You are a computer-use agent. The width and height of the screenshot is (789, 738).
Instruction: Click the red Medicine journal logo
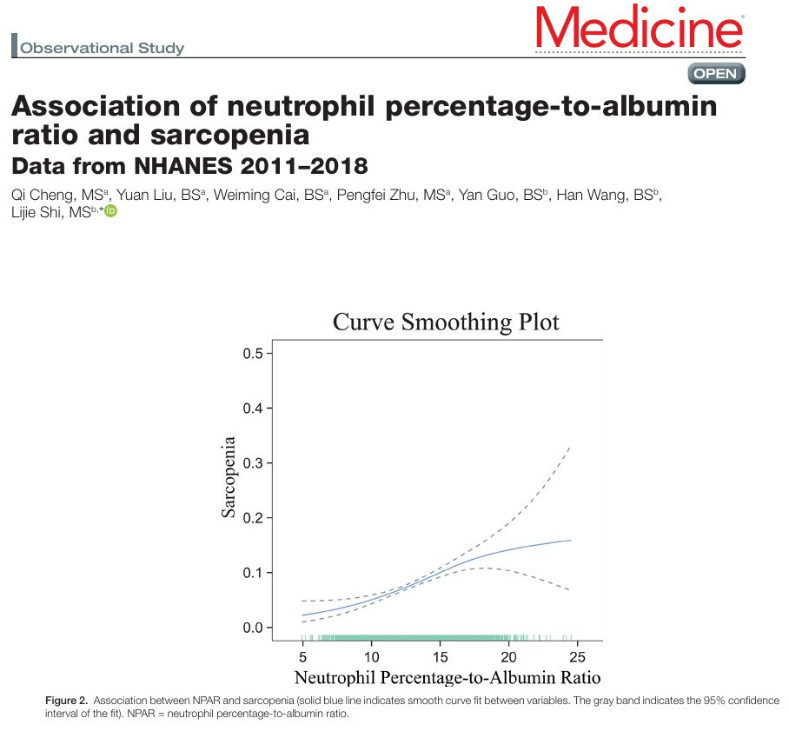click(639, 27)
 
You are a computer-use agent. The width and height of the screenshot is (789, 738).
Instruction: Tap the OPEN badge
click(716, 74)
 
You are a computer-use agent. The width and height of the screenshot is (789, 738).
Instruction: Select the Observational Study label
click(103, 49)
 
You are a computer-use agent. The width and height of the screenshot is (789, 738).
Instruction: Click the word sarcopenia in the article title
click(230, 135)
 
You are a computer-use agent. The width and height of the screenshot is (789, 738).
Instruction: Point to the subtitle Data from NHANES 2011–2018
click(189, 166)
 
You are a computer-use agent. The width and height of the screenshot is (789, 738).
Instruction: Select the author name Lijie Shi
click(36, 212)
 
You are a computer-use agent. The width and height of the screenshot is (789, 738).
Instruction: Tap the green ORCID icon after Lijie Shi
click(110, 211)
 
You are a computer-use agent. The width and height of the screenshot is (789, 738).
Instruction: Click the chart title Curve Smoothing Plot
click(446, 322)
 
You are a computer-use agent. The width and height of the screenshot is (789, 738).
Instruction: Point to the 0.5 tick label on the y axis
click(253, 354)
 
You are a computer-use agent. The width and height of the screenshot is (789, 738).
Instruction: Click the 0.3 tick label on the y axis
click(253, 463)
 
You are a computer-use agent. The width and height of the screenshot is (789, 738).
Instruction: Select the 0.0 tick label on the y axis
click(253, 628)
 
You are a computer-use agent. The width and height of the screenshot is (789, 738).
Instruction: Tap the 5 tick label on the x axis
click(303, 657)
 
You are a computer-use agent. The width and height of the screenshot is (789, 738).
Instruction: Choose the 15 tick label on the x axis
click(441, 657)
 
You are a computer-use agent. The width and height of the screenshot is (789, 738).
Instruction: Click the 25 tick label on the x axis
click(578, 657)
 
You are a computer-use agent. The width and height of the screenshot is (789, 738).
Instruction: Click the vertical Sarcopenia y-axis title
click(229, 476)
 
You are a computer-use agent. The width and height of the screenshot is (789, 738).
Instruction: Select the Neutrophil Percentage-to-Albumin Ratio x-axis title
click(448, 678)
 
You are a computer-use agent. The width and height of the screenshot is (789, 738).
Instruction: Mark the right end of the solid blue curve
click(571, 540)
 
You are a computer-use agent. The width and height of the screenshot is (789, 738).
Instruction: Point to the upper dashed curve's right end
click(570, 447)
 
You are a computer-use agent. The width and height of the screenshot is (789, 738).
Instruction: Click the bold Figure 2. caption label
click(66, 701)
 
